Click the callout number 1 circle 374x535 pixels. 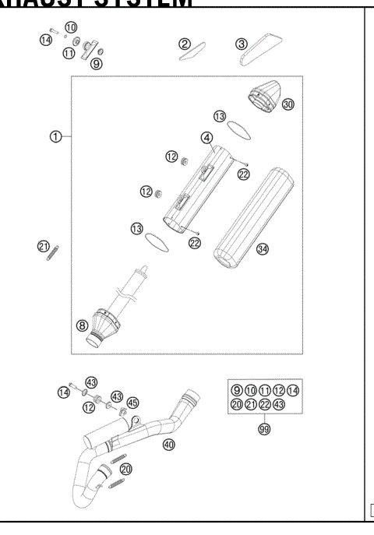[55, 136]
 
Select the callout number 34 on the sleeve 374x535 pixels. [263, 250]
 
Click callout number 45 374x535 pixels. [133, 403]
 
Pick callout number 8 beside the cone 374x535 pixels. [82, 326]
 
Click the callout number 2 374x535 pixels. [185, 44]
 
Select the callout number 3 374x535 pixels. [242, 43]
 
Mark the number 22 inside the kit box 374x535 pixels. [263, 405]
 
